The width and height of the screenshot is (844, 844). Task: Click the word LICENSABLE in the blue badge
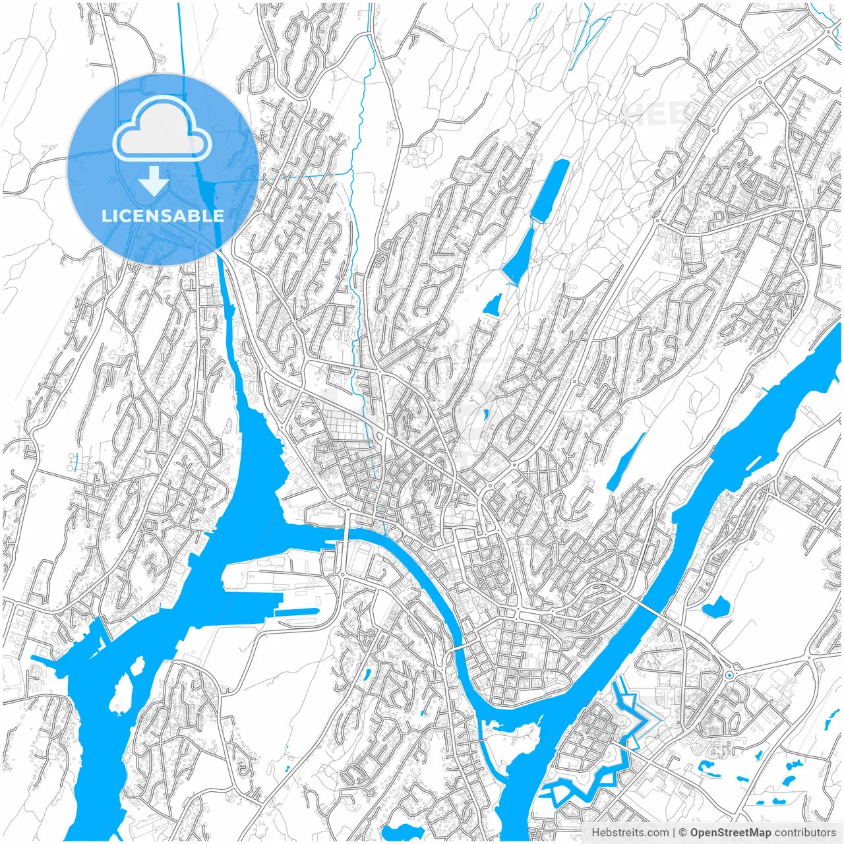pos(162,216)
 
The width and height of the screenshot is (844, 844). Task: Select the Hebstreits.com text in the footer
pos(630,833)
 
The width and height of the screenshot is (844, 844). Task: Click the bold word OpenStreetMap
pos(731,833)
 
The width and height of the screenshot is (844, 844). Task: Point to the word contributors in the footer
pos(805,833)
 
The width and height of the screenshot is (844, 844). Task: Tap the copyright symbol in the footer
pos(683,833)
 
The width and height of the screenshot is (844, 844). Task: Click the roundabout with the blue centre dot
pos(729,675)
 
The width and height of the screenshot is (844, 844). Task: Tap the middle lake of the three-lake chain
pos(519,256)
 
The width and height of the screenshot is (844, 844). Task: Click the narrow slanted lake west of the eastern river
pos(625,462)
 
